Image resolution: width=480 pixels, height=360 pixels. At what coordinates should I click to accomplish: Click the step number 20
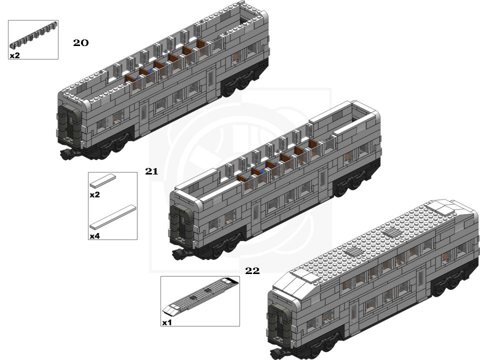coord(81,43)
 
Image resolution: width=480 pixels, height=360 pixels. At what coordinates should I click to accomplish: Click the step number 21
coord(151,171)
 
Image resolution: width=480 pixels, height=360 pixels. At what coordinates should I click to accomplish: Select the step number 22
coord(252,270)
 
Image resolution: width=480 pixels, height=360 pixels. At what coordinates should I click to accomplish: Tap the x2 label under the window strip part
coord(14,55)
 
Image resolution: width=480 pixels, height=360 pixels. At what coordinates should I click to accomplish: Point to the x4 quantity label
coord(94,236)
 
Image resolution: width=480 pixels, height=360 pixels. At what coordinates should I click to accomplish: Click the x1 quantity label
coord(167,322)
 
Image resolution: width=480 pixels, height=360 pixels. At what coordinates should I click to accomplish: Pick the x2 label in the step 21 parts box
coord(94,194)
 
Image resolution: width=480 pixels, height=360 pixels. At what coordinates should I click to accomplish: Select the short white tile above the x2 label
coord(103,180)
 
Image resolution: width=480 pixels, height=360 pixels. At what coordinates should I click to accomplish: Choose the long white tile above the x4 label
coord(112,217)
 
